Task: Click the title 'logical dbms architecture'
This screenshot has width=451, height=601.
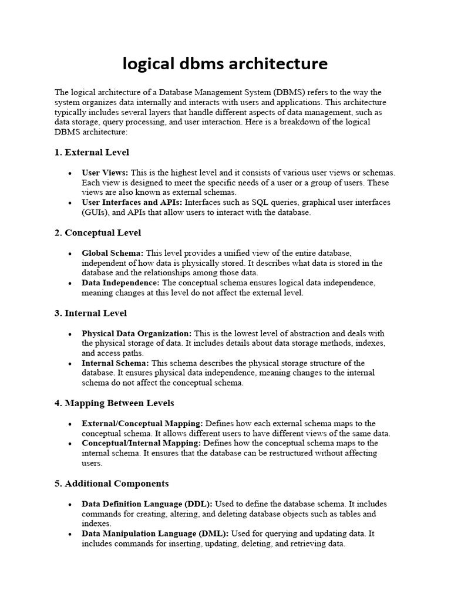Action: click(x=225, y=63)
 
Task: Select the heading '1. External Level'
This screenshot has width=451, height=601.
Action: click(x=92, y=153)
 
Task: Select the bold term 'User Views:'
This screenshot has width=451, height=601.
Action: click(x=105, y=173)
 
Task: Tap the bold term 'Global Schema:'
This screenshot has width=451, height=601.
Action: click(x=112, y=253)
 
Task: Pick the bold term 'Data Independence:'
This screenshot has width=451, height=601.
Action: click(x=120, y=283)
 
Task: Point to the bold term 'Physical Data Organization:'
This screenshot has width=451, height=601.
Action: click(x=136, y=333)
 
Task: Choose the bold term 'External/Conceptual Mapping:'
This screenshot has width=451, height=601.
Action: click(x=142, y=424)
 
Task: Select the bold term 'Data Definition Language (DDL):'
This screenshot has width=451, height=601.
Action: click(x=147, y=504)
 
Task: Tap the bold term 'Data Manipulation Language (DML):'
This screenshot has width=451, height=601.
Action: click(x=156, y=534)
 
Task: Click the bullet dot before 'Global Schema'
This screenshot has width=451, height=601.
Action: click(x=70, y=254)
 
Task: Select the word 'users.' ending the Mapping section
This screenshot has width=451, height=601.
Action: click(x=93, y=463)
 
